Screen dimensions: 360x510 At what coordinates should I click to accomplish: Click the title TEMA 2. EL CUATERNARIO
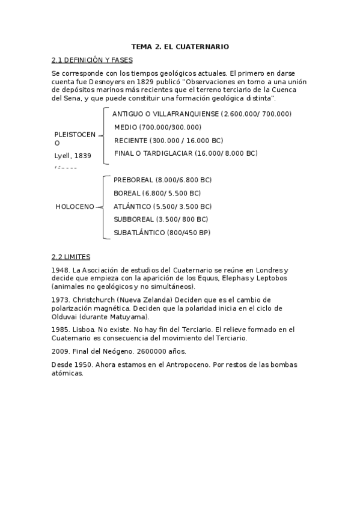[x=180, y=46]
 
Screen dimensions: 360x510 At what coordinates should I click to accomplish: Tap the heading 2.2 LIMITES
[x=71, y=257]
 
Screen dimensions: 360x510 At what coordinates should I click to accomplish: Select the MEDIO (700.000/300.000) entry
[x=157, y=127]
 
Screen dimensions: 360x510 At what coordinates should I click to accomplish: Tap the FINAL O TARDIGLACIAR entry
[x=185, y=153]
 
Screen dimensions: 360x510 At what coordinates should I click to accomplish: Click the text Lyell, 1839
[x=73, y=155]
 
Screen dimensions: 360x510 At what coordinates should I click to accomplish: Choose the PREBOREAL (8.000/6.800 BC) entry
[x=162, y=180]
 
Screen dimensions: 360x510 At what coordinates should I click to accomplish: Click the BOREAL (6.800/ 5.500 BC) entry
[x=157, y=193]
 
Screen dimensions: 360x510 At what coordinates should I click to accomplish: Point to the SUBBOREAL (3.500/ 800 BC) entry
[x=160, y=220]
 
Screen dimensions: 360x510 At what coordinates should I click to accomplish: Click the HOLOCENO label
[x=75, y=207]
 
